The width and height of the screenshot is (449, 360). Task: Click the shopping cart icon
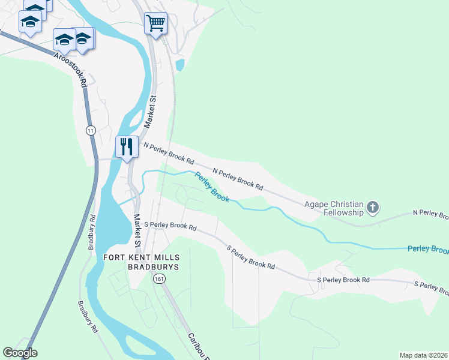[155, 23]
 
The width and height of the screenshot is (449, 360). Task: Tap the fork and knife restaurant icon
[127, 146]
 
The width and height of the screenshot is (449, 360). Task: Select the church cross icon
[373, 208]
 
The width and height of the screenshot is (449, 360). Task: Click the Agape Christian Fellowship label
[335, 208]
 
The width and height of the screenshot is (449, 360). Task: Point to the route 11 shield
[91, 130]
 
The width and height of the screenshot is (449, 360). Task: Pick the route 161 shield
[159, 279]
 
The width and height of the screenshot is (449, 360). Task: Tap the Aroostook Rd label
[71, 70]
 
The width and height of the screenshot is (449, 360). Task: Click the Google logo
[20, 353]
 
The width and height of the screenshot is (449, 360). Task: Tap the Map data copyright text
[423, 355]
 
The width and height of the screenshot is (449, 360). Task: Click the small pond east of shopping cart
[180, 64]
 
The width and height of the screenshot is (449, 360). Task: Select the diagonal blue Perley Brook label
[211, 187]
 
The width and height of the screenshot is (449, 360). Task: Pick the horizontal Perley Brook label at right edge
[427, 248]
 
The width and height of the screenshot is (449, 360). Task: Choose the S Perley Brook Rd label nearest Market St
[171, 226]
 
